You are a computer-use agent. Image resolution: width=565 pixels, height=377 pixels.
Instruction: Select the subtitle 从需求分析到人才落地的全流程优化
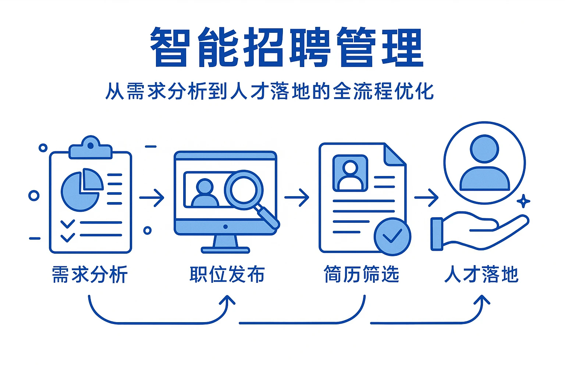click(269, 91)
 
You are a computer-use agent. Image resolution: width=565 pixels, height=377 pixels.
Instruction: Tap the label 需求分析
click(90, 275)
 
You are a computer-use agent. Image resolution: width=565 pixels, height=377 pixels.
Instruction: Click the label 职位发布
click(227, 275)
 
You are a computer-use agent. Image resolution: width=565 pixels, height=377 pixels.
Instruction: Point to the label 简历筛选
click(361, 275)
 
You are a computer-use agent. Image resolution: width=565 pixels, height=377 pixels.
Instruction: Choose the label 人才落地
click(481, 275)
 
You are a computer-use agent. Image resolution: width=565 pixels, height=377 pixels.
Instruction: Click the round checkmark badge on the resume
click(392, 236)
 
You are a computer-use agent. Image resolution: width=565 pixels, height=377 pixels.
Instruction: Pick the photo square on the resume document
click(350, 173)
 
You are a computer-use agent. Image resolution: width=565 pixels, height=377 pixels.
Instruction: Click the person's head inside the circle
click(484, 149)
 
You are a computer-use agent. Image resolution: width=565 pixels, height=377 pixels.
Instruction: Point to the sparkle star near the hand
click(523, 201)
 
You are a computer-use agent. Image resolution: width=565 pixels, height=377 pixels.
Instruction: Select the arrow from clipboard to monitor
click(152, 198)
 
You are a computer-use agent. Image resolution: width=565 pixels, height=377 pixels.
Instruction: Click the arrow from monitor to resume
click(297, 198)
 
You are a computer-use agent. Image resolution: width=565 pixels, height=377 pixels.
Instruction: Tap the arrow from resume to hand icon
click(426, 198)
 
